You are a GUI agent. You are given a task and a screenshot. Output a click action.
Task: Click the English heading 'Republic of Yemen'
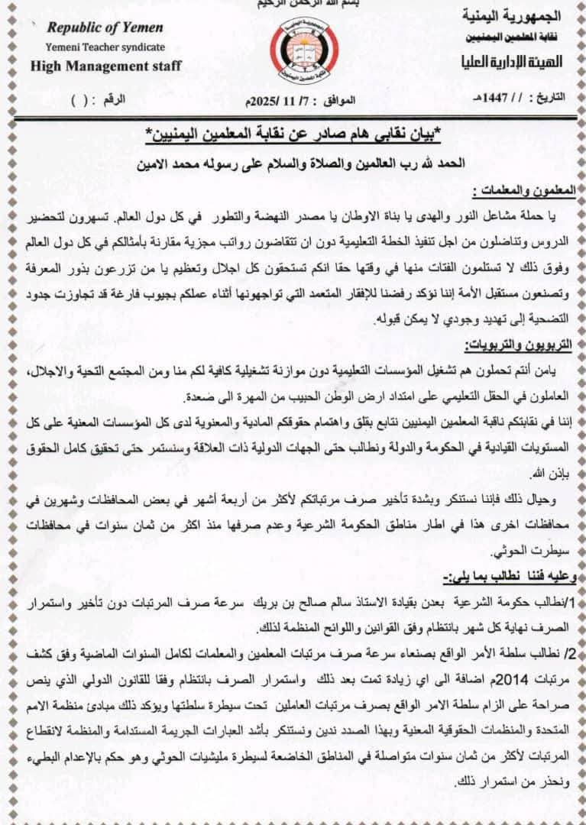point(105,27)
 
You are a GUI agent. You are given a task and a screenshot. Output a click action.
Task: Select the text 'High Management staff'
point(105,66)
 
